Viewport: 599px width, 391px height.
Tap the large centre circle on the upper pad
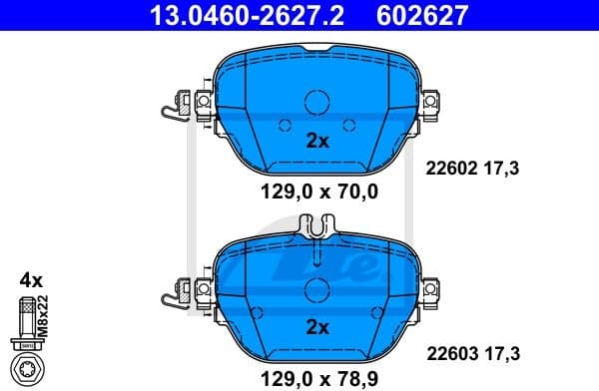pyautogui.click(x=316, y=102)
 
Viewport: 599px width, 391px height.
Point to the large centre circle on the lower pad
pyautogui.click(x=316, y=289)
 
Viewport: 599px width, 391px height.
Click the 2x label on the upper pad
pyautogui.click(x=316, y=141)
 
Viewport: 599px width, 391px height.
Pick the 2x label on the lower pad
pyautogui.click(x=316, y=327)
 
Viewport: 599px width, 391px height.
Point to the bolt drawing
pyautogui.click(x=29, y=334)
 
